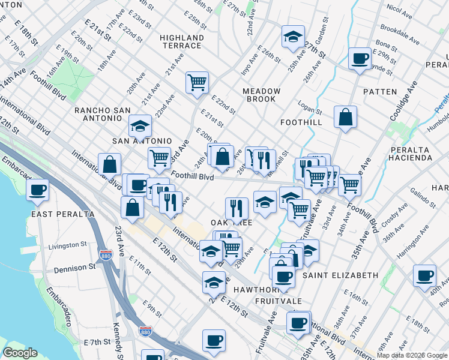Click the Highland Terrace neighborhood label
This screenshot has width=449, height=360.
[181, 41]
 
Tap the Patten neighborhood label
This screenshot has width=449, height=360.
[380, 92]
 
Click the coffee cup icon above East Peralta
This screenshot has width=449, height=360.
[38, 190]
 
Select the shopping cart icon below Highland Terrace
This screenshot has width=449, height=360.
[197, 82]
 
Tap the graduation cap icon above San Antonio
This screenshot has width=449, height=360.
[140, 126]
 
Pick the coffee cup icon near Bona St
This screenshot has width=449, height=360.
[360, 58]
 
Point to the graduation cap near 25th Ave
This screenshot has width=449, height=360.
[292, 37]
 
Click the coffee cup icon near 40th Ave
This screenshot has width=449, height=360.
[425, 275]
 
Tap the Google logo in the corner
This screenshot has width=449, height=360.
[20, 353]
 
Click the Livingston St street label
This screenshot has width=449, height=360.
[67, 245]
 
